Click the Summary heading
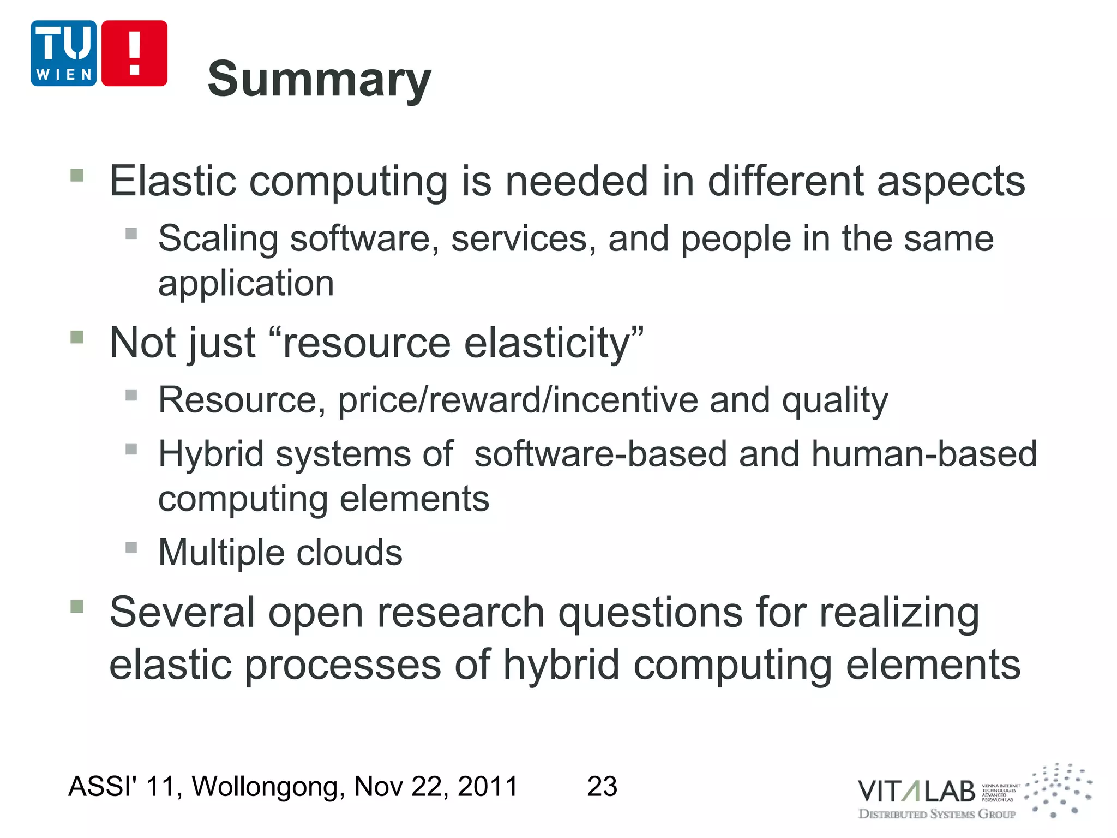point(319,80)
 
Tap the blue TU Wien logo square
point(64,53)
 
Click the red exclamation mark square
point(134,53)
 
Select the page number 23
point(602,786)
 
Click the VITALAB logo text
point(916,791)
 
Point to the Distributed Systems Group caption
point(937,814)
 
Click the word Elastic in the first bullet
point(173,181)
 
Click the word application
point(246,284)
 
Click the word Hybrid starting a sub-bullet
point(211,454)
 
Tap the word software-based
point(600,454)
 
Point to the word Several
point(182,612)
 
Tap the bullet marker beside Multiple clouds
point(131,547)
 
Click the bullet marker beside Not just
point(77,337)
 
